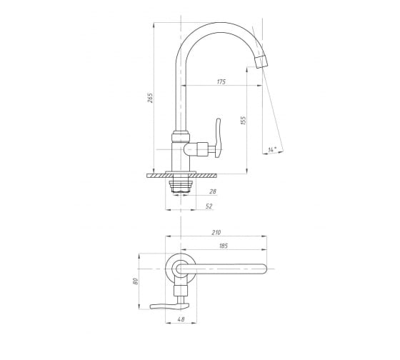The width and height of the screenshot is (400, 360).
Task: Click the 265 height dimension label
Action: coord(151,98)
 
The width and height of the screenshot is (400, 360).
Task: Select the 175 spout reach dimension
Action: coord(221,82)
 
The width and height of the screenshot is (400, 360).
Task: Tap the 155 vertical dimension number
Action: coord(244,121)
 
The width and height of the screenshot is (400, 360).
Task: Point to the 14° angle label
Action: coord(272,149)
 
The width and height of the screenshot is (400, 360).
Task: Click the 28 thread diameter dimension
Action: coord(213,191)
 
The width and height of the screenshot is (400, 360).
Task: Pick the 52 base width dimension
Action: coord(209,206)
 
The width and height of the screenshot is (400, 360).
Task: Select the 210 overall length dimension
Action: coord(216,233)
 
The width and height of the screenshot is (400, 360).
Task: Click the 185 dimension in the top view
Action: coord(224,246)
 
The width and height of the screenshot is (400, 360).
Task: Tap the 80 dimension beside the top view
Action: coord(135,281)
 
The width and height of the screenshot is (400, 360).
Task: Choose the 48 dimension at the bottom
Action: coord(181,319)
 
